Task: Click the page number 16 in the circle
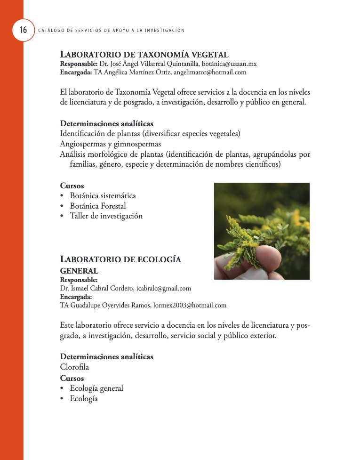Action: point(23,30)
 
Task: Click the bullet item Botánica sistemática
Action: point(103,195)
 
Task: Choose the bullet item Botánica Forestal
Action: point(97,206)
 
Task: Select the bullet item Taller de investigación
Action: point(106,216)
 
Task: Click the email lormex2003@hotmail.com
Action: point(190,305)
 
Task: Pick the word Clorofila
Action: point(74,367)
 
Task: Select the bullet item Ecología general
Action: point(96,388)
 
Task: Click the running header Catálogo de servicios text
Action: point(111,31)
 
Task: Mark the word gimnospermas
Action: point(137,144)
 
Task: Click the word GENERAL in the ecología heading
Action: point(79,271)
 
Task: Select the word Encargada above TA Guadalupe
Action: point(76,297)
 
